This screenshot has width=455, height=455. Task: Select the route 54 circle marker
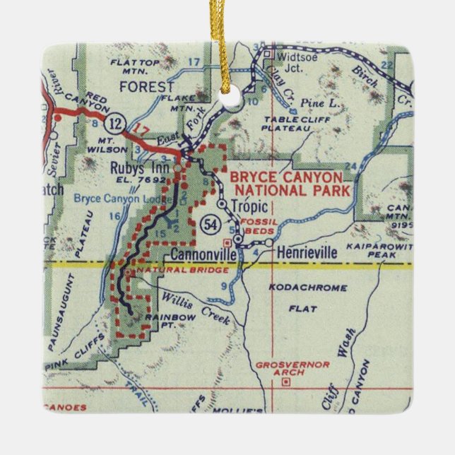click(209, 224)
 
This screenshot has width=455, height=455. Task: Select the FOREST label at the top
click(146, 87)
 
